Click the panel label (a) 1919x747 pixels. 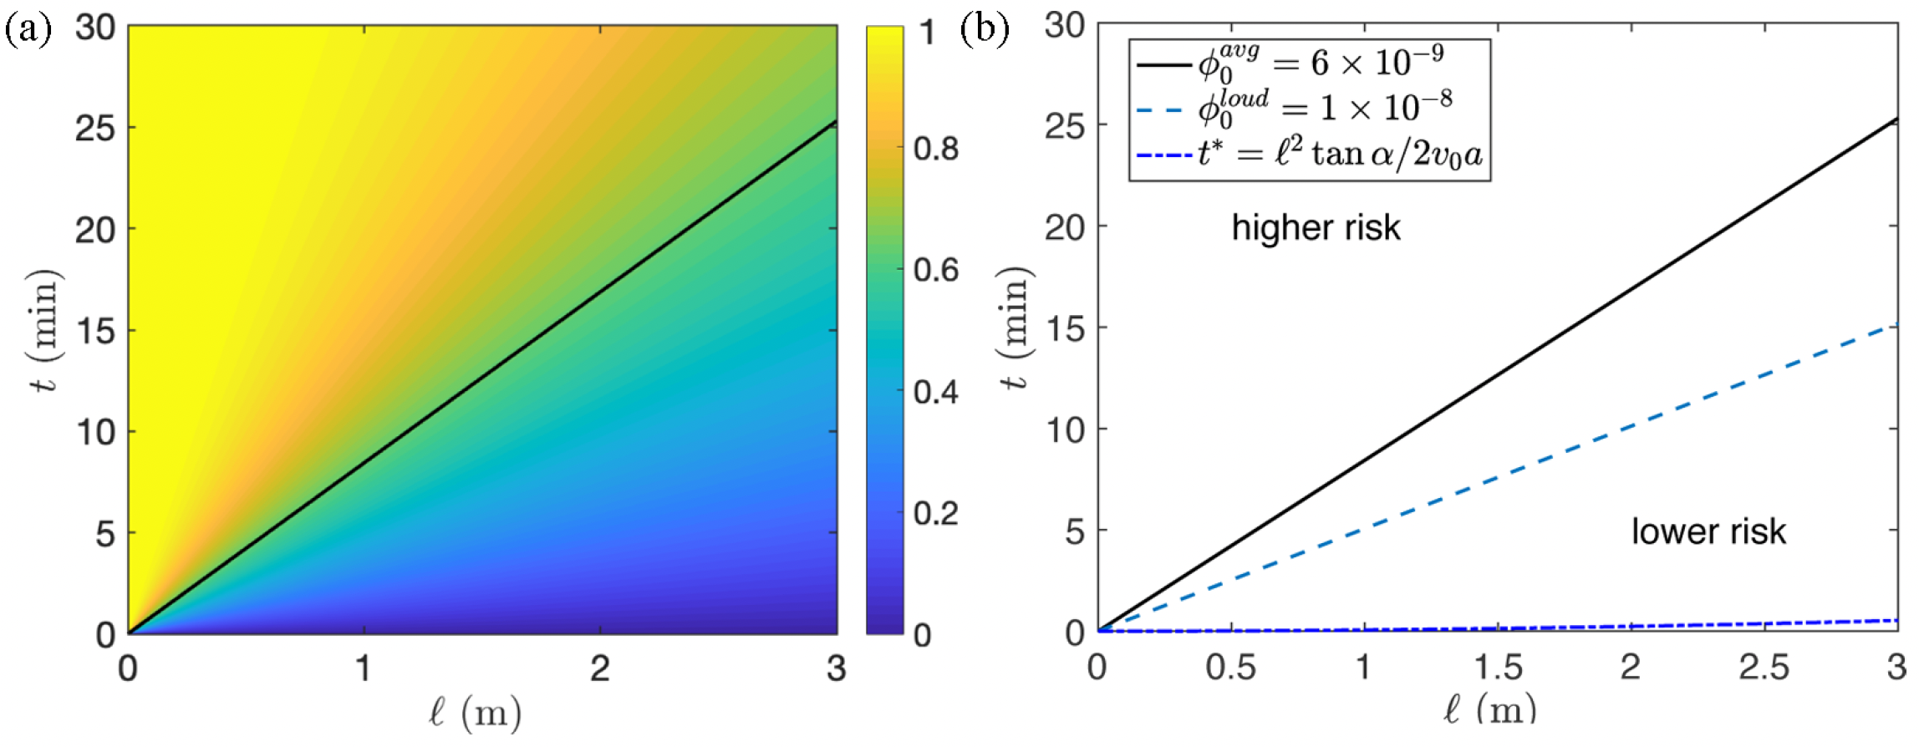(28, 31)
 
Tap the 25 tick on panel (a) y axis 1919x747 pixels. (95, 129)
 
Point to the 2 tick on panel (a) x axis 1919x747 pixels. (599, 668)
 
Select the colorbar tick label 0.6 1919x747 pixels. (935, 271)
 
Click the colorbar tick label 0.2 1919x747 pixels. (935, 513)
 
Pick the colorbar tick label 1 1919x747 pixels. (926, 33)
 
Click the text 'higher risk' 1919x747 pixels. (1316, 228)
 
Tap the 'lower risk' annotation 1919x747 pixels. (1708, 532)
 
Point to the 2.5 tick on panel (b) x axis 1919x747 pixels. (1764, 668)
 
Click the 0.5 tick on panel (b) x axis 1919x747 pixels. (1230, 668)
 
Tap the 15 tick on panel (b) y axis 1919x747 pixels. (1065, 328)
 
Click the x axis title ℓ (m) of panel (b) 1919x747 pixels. (1489, 710)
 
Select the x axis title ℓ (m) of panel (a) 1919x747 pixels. (475, 714)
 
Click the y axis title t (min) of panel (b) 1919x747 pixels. (1016, 328)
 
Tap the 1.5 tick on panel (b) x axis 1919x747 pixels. (1497, 668)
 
